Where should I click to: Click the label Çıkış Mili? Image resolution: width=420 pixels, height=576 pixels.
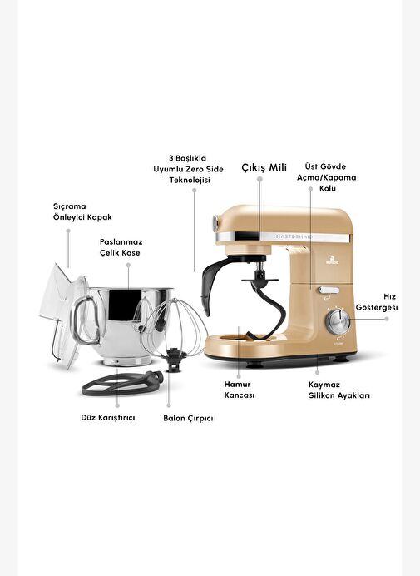click(x=264, y=167)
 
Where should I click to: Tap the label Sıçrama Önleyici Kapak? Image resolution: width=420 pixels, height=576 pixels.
click(x=82, y=211)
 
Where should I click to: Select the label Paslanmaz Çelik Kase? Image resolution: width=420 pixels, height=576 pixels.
click(x=121, y=247)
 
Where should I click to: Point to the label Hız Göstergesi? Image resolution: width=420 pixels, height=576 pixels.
click(x=376, y=302)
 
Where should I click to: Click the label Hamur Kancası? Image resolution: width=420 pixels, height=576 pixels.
click(x=240, y=390)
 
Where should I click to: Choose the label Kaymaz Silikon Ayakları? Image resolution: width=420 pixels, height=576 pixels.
click(x=339, y=390)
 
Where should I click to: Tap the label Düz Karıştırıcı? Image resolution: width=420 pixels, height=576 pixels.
click(x=108, y=418)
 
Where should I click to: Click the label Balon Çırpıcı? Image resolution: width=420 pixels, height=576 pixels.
click(x=188, y=419)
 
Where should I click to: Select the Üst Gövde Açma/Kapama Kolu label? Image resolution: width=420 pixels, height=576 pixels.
click(x=326, y=177)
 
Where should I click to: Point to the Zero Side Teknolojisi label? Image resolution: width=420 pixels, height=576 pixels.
click(x=188, y=169)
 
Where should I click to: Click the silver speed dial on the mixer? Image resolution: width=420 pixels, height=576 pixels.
click(x=338, y=322)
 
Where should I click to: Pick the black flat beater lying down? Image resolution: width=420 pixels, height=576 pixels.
click(x=122, y=383)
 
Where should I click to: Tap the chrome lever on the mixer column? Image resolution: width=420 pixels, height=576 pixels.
click(x=329, y=290)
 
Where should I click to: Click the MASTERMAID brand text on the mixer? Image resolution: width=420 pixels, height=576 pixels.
click(x=294, y=236)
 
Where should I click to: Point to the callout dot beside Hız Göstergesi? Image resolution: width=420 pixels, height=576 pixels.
click(x=387, y=319)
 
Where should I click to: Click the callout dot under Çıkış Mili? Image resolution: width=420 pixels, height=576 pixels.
click(x=259, y=179)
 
